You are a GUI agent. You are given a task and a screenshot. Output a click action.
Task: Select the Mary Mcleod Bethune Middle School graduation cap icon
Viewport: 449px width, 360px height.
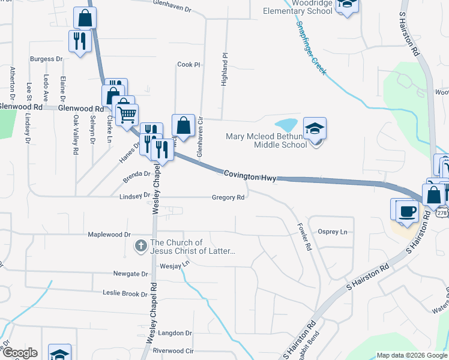point(315,129)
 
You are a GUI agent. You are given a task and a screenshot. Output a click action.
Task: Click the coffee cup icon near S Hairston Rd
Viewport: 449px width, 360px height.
point(408,211)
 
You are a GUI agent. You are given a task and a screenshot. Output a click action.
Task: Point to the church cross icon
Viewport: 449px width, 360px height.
point(141,245)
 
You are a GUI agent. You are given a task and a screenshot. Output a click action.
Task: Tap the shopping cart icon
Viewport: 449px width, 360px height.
point(127,113)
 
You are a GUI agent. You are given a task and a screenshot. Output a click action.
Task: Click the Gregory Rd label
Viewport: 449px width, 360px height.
point(228,197)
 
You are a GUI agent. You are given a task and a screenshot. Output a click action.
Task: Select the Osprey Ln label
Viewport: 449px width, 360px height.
point(333,232)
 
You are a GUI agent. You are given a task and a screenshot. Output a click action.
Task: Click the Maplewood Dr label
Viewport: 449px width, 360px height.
point(109,235)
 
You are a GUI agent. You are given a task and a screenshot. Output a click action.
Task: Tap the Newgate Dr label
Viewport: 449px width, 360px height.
point(130,274)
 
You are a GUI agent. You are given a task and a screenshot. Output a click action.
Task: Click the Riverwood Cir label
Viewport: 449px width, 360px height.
point(173,350)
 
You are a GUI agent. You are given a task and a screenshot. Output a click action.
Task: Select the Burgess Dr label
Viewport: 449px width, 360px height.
point(47,59)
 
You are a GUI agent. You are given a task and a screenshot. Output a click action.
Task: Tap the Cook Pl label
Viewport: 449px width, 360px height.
point(188,65)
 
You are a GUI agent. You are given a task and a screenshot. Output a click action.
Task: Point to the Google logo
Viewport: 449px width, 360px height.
point(19,352)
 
